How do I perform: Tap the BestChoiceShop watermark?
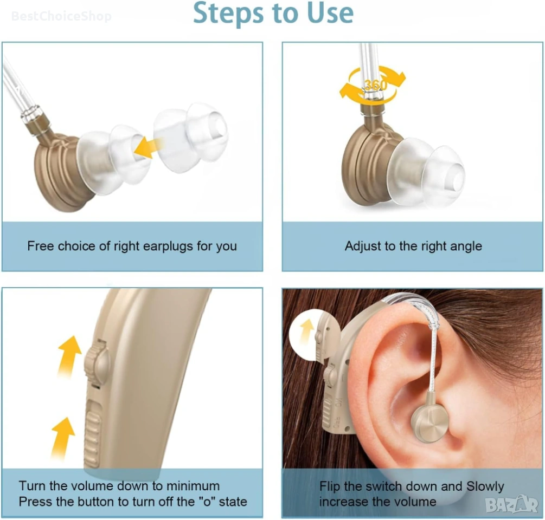[x=61, y=16]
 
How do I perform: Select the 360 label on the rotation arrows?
[x=376, y=84]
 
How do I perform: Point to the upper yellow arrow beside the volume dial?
[x=69, y=357]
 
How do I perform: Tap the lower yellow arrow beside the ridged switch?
[x=63, y=437]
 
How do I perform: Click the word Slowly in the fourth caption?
[x=485, y=486]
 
